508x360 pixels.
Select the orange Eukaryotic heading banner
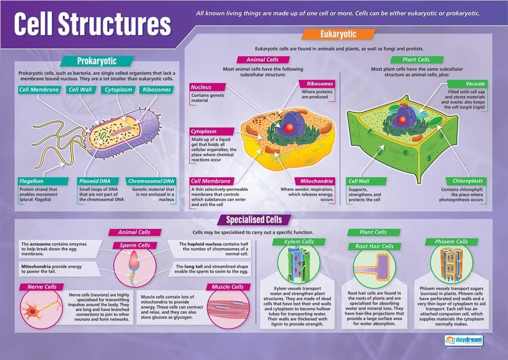(x=338, y=35)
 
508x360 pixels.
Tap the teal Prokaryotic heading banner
(x=97, y=61)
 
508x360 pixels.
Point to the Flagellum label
(x=31, y=181)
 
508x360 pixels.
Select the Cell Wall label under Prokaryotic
(x=80, y=90)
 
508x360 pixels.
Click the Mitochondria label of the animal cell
(x=316, y=181)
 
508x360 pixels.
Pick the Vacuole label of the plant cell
(x=475, y=83)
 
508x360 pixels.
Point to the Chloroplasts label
(x=468, y=181)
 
